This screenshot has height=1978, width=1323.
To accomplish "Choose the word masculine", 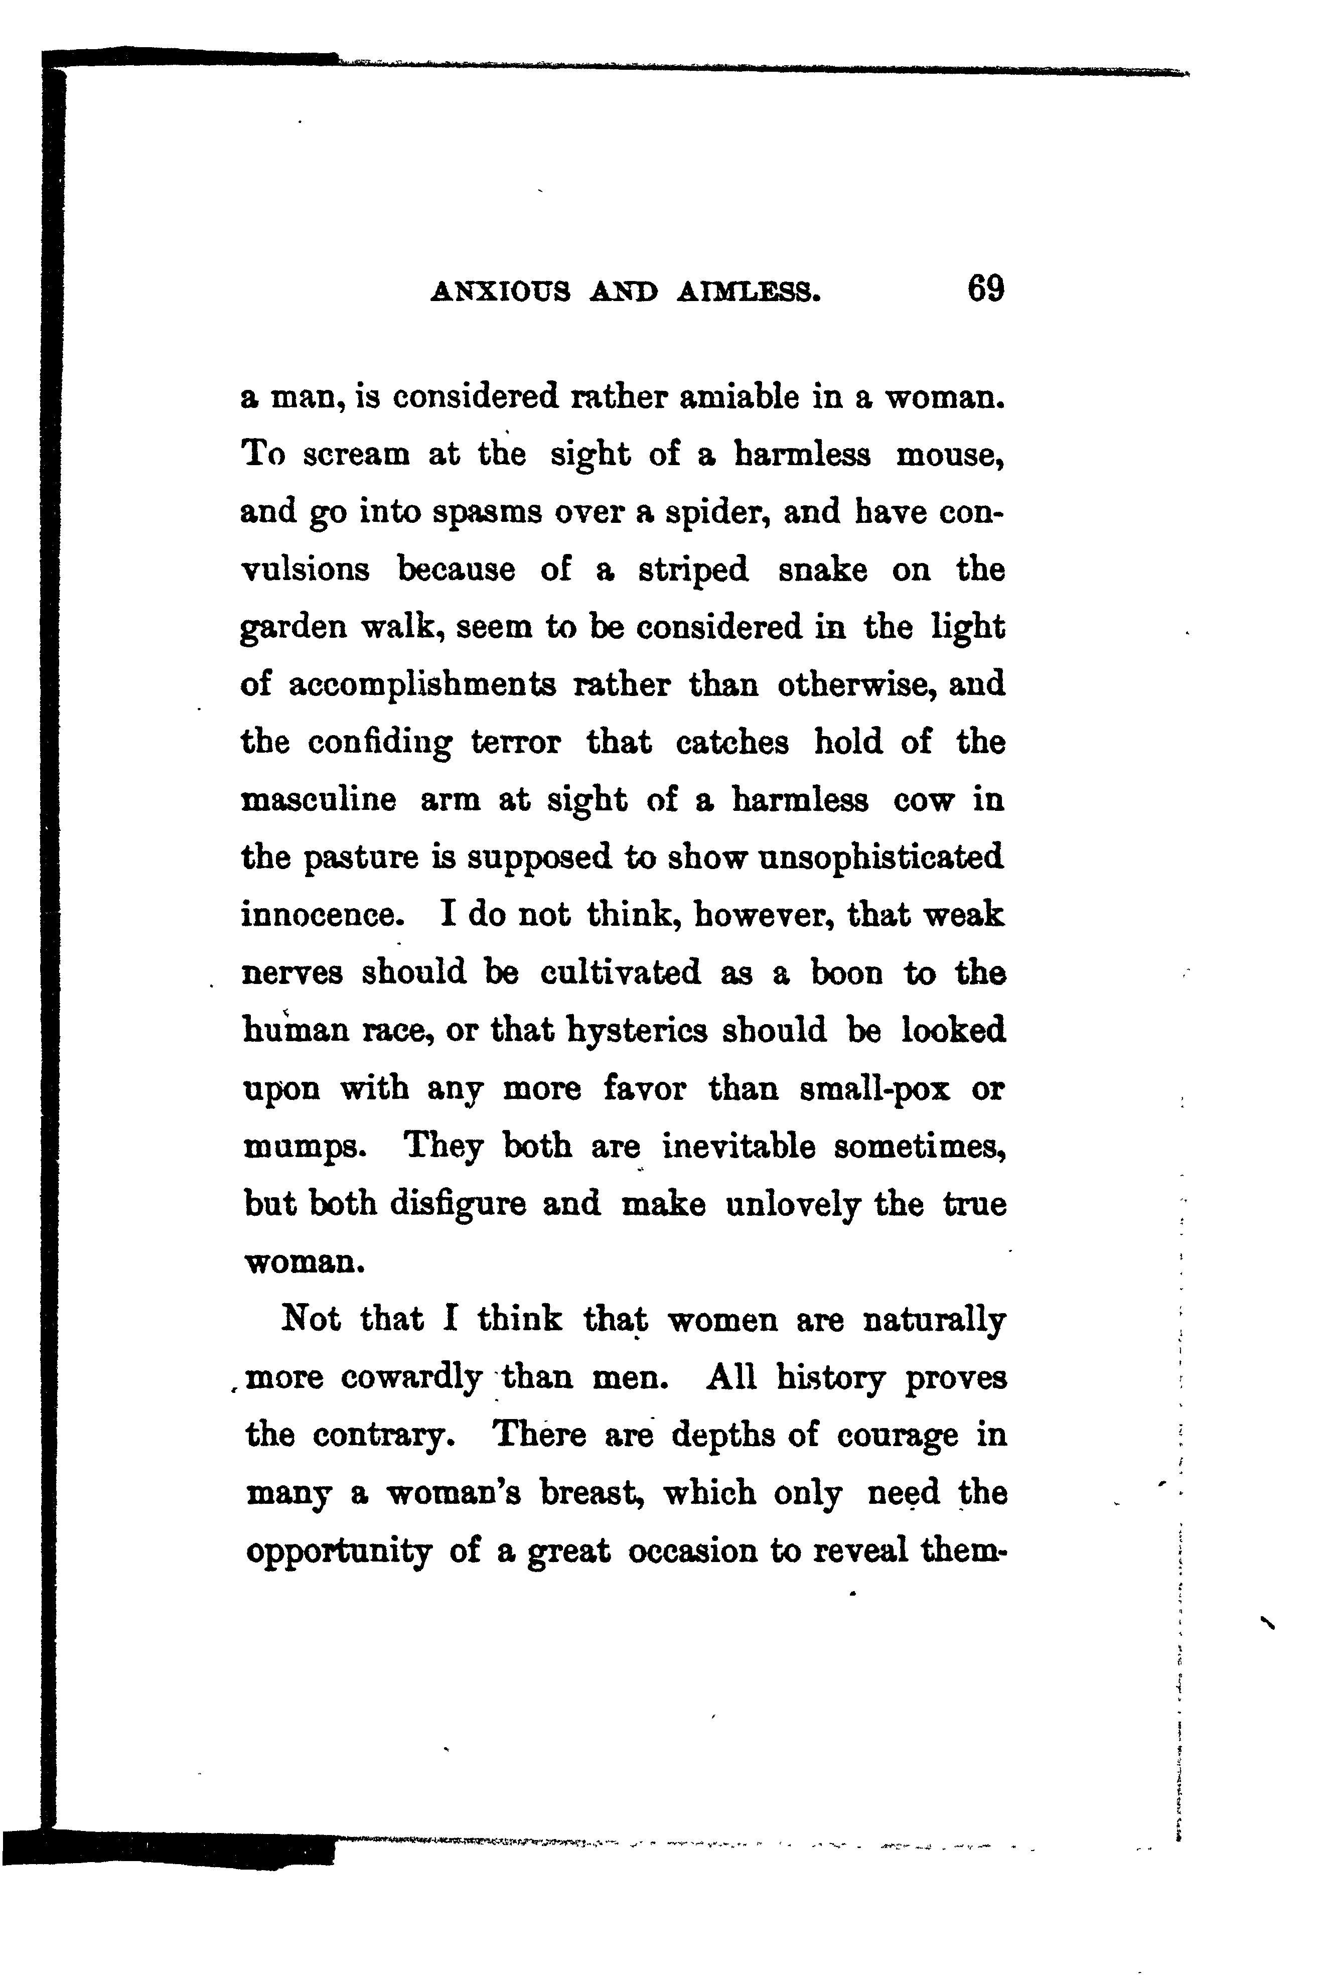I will click(x=318, y=799).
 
